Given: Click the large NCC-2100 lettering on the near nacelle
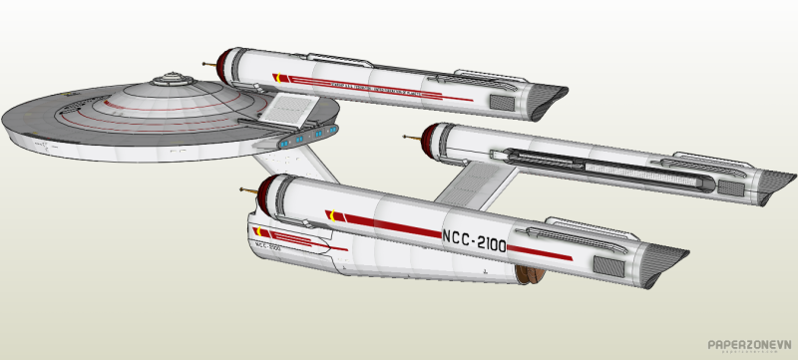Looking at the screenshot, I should point(473,240).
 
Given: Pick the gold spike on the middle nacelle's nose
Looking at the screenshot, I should point(413,138).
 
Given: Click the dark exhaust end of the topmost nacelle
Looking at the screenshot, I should point(545,96).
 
